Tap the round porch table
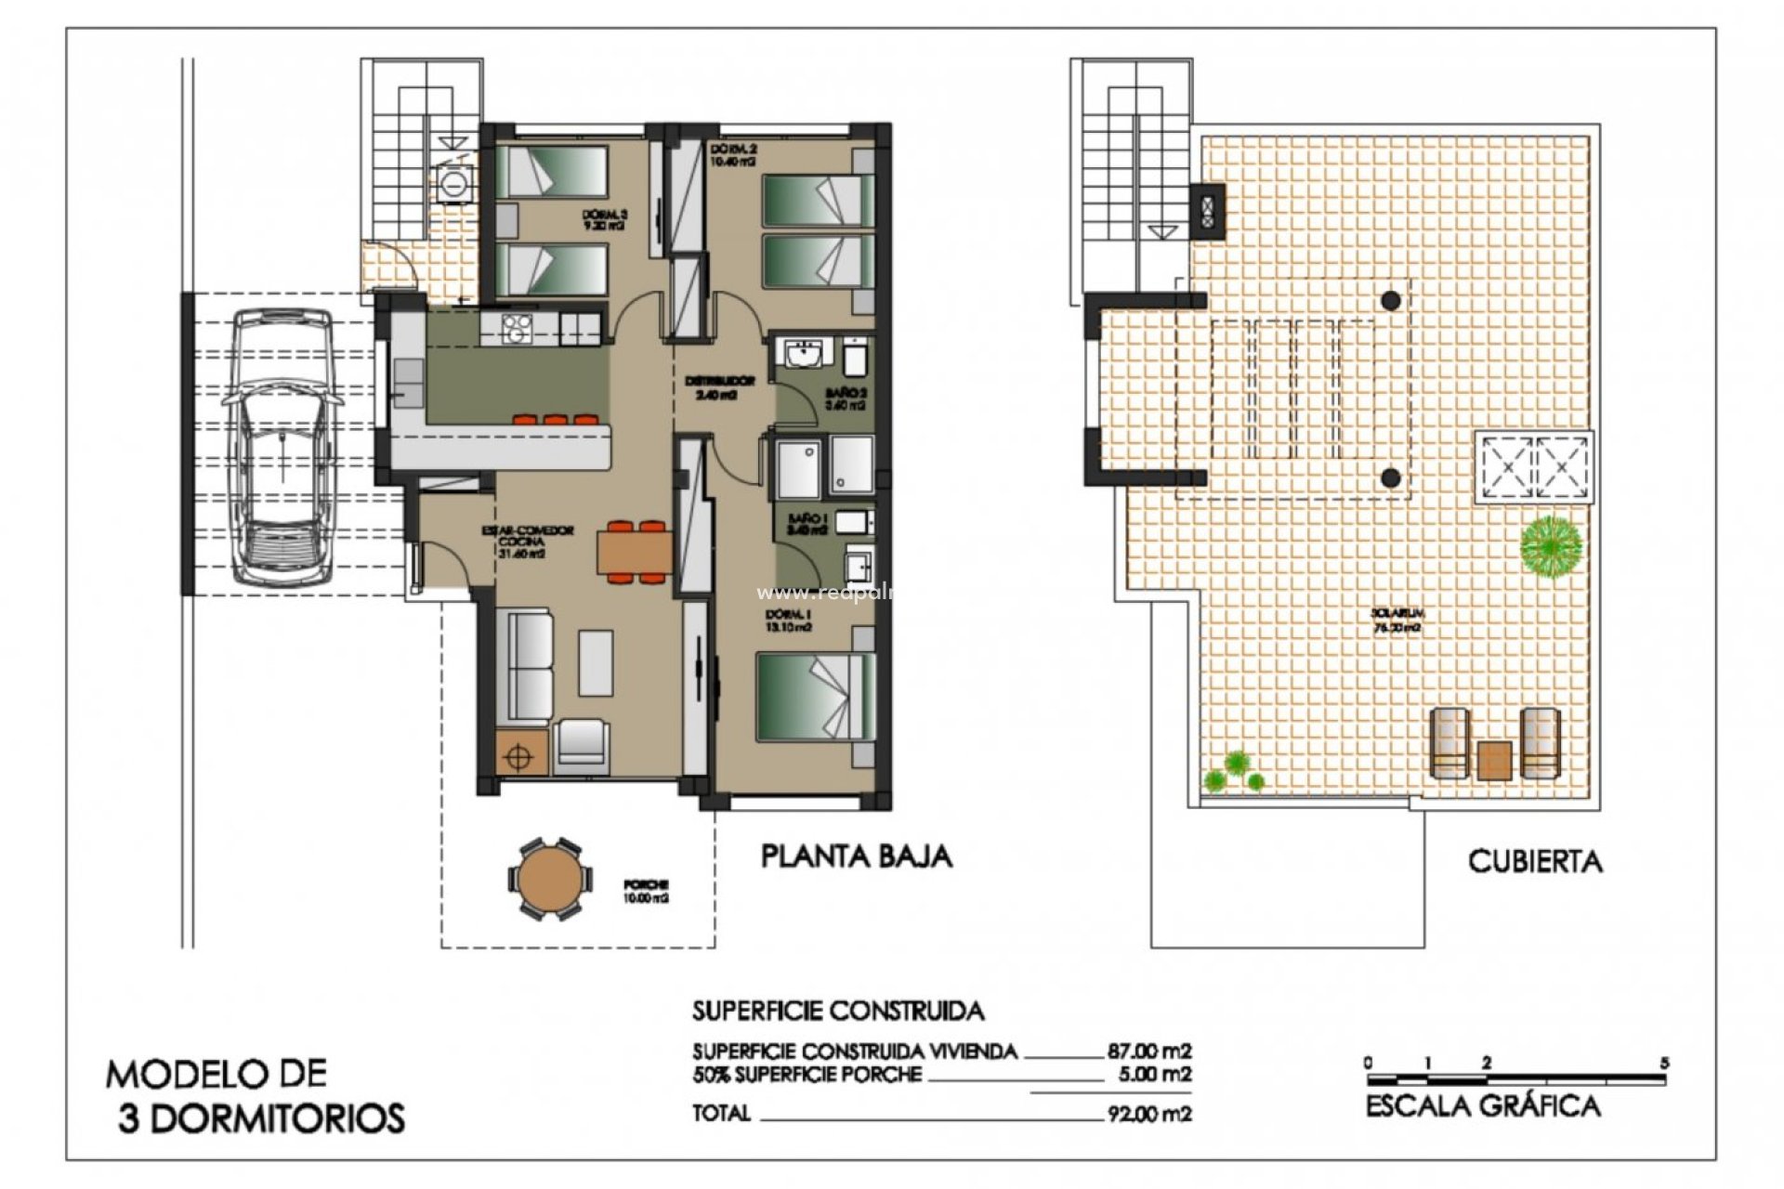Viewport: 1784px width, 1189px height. (547, 879)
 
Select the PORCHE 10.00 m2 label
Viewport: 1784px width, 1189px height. (648, 892)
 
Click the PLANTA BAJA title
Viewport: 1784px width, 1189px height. (856, 856)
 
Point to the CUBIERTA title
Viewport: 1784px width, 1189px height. (1535, 861)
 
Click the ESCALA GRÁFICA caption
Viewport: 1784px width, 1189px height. (1483, 1106)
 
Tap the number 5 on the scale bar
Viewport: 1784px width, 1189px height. (1665, 1063)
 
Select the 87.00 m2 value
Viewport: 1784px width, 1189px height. (1148, 1052)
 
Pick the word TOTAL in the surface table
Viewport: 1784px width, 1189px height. (721, 1113)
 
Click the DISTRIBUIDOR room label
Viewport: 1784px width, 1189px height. (720, 386)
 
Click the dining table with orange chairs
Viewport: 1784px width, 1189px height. (635, 553)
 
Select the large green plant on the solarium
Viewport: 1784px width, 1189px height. (1551, 547)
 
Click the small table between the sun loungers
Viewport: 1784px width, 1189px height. (1494, 760)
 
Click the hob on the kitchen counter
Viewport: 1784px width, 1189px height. (516, 327)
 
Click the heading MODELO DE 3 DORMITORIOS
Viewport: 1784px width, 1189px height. (256, 1096)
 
